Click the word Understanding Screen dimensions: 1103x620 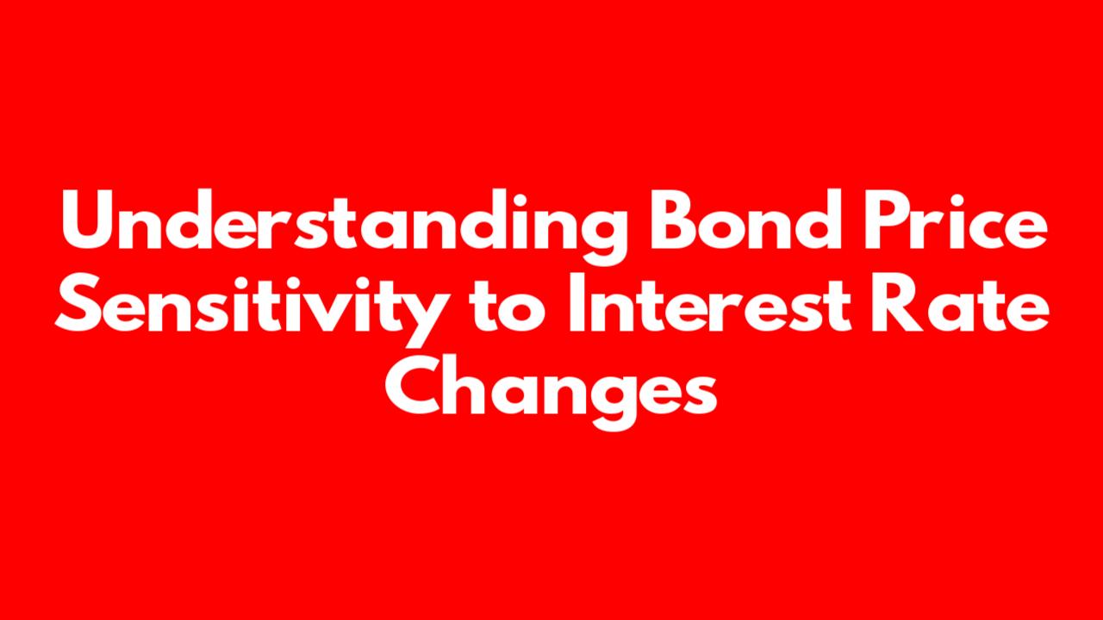pos(344,226)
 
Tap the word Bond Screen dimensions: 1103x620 pos(745,220)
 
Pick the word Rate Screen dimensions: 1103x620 pos(960,303)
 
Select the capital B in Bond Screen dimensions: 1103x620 pos(674,220)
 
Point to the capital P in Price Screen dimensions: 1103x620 pos(885,220)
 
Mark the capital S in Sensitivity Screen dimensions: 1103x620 pos(79,303)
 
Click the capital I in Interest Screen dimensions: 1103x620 pos(576,303)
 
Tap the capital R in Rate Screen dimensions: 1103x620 pos(895,303)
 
